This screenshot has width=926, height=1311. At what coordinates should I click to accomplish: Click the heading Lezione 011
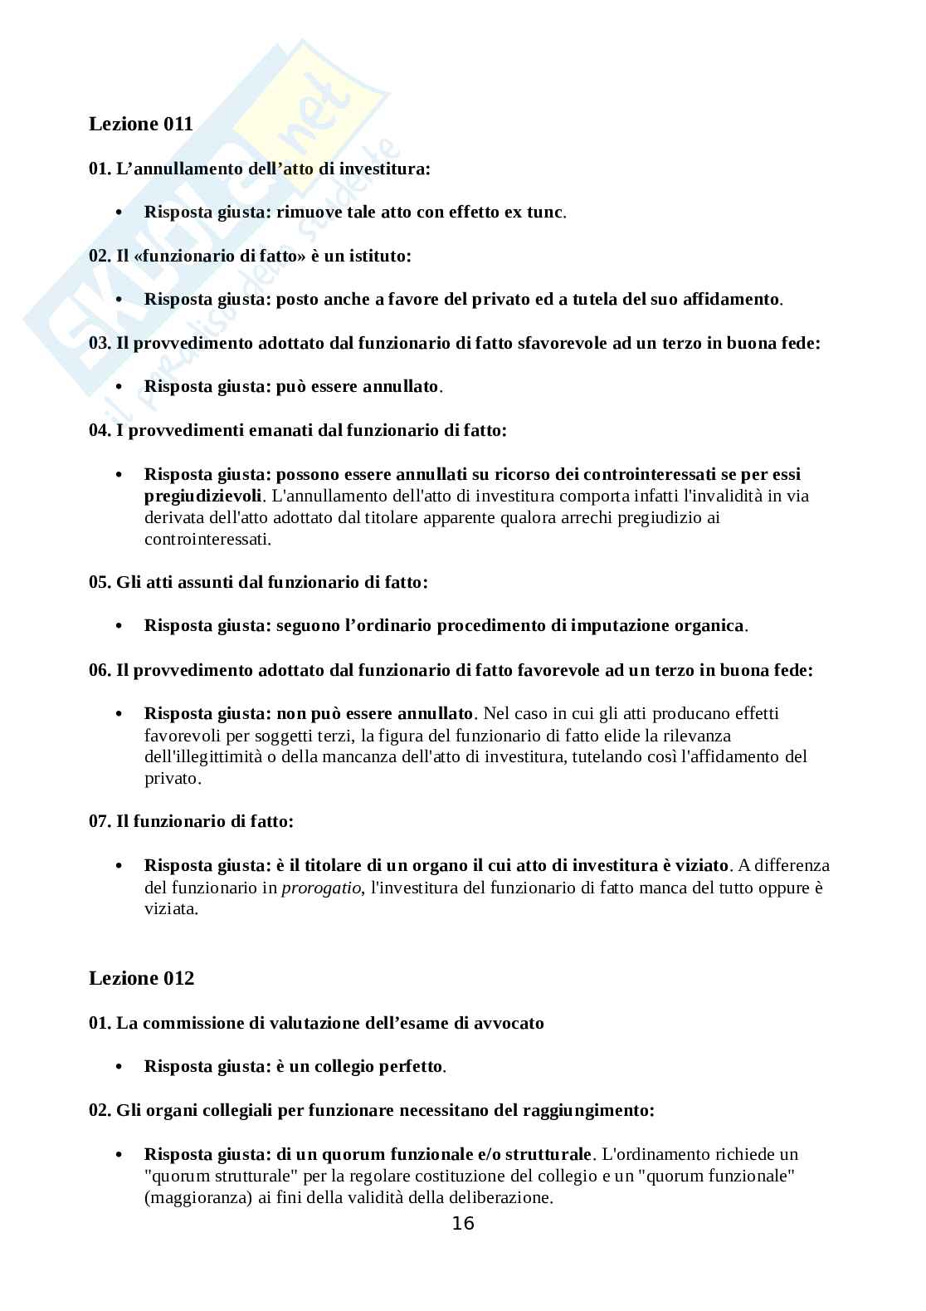141,124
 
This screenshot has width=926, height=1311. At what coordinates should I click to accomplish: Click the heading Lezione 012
141,978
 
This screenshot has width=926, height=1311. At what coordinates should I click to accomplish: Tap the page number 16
463,1223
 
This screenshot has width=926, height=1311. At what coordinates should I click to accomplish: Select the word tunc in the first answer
544,212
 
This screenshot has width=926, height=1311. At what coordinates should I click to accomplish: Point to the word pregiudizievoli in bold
202,496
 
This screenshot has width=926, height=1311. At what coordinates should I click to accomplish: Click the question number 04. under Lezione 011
100,430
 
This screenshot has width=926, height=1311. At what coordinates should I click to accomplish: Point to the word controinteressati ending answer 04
207,539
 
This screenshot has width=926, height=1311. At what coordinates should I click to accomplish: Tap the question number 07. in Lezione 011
100,821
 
